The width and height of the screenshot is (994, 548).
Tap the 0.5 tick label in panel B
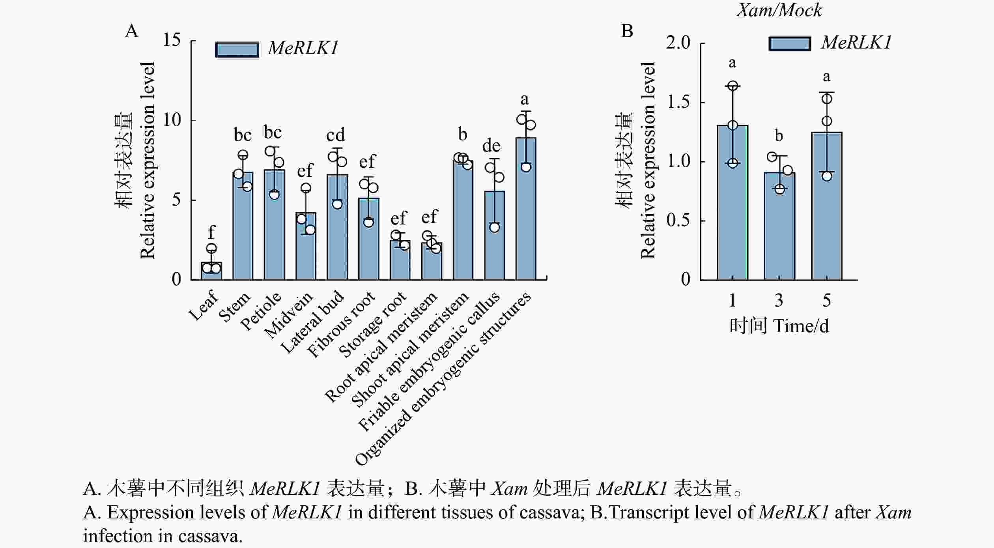pos(678,220)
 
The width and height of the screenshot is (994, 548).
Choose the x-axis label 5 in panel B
pos(826,301)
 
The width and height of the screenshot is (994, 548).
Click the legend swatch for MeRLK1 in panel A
pos(237,49)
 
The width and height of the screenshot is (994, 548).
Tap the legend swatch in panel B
pos(790,43)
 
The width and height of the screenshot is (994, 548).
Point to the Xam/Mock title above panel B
pos(779,10)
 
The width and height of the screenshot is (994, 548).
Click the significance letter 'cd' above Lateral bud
pos(336,135)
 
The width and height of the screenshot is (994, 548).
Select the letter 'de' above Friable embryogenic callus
pos(491,146)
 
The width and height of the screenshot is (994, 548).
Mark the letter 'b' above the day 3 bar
pos(779,136)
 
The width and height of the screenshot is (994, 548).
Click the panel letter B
pos(627,31)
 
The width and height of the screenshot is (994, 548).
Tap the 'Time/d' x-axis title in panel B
pos(801,326)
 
